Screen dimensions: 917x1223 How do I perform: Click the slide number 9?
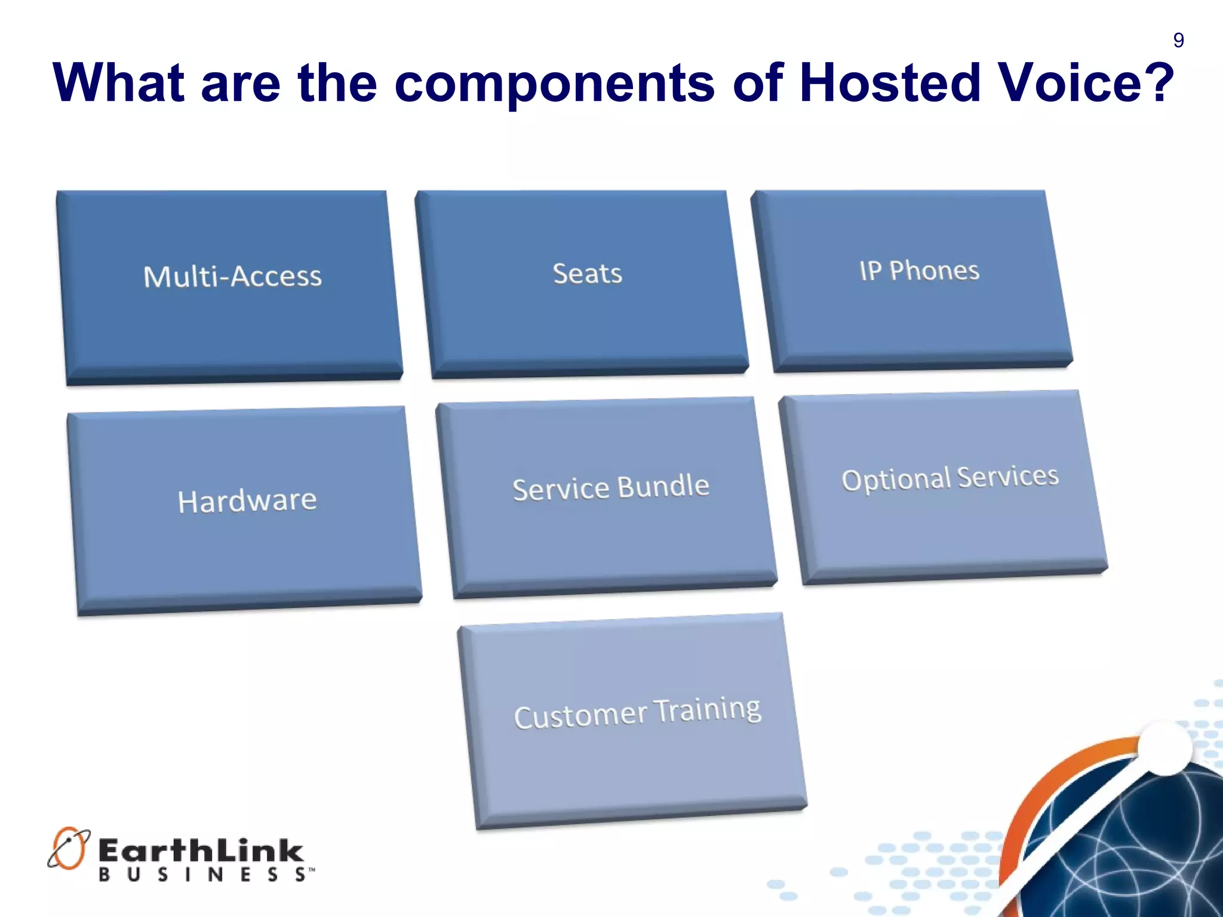[1178, 40]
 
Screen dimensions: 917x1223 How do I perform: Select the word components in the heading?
[554, 84]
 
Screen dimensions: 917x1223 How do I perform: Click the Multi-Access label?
[232, 276]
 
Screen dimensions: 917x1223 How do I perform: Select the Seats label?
[587, 273]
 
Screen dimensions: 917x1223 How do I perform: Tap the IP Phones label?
[919, 270]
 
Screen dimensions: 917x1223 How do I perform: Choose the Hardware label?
[247, 500]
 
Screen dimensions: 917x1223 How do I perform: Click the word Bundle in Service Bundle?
[663, 486]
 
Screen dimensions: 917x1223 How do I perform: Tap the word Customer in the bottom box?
[580, 716]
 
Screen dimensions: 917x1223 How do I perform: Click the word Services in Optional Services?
[1008, 476]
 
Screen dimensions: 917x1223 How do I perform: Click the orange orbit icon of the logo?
[68, 848]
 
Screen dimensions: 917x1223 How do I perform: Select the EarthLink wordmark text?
[201, 851]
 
